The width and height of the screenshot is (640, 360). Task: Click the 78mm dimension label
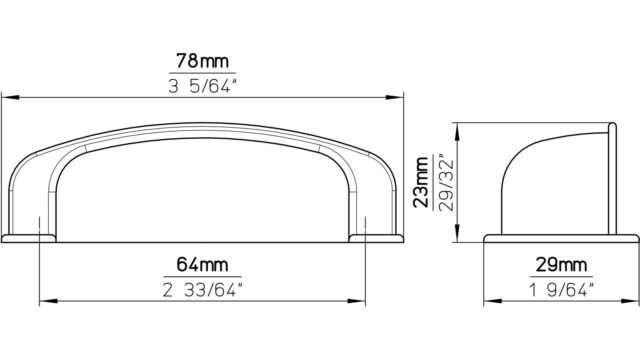[x=202, y=61]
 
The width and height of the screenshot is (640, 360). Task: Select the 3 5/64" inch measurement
[x=202, y=86]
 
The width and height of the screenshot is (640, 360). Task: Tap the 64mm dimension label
[x=202, y=265]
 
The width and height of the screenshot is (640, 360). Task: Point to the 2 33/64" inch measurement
[x=202, y=290]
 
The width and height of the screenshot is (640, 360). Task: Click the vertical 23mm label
[x=421, y=182]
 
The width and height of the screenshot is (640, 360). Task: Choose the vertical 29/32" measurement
[x=446, y=182]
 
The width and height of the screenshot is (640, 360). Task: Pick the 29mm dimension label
[x=561, y=265]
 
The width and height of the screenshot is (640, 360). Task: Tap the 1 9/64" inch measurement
[x=561, y=290]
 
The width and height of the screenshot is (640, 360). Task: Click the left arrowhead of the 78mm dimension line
[x=10, y=98]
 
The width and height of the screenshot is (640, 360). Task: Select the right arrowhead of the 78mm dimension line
[x=395, y=98]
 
